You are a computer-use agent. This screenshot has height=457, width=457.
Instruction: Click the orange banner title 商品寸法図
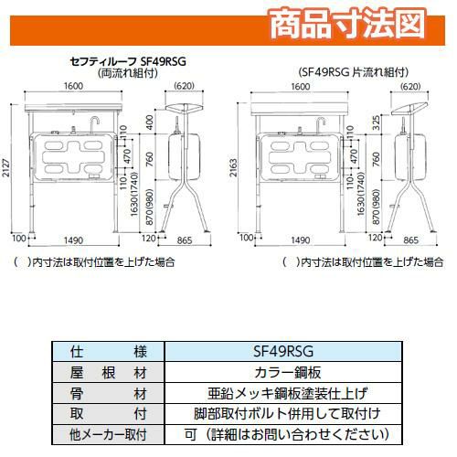[347, 24]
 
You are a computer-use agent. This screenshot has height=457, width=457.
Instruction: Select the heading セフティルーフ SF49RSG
[128, 61]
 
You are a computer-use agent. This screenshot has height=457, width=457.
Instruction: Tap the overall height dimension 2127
[6, 167]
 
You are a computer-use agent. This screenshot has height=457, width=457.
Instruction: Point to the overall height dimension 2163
[233, 167]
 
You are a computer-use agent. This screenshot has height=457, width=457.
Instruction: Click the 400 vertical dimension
[150, 122]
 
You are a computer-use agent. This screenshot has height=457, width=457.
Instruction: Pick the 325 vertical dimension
[377, 122]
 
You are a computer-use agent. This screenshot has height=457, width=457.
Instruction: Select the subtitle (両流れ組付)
[128, 73]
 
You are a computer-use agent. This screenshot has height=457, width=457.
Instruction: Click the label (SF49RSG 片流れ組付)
[354, 72]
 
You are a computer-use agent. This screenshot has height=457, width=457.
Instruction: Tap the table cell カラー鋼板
[288, 372]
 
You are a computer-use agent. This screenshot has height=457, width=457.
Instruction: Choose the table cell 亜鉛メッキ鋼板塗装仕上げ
[288, 393]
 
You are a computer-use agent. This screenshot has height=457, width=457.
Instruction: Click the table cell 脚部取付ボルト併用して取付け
[288, 414]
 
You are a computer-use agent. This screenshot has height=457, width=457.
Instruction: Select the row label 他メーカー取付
[108, 434]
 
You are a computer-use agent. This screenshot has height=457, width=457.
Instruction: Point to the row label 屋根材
[108, 372]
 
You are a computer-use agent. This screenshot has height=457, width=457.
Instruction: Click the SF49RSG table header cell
[283, 352]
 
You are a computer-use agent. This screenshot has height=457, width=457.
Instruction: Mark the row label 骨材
[108, 393]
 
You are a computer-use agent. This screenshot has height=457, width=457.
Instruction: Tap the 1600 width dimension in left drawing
[73, 86]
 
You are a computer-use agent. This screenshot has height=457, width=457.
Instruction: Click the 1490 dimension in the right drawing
[301, 240]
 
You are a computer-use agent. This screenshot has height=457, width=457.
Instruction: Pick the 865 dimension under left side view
[185, 240]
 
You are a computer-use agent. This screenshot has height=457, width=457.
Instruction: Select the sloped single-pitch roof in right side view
[409, 109]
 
